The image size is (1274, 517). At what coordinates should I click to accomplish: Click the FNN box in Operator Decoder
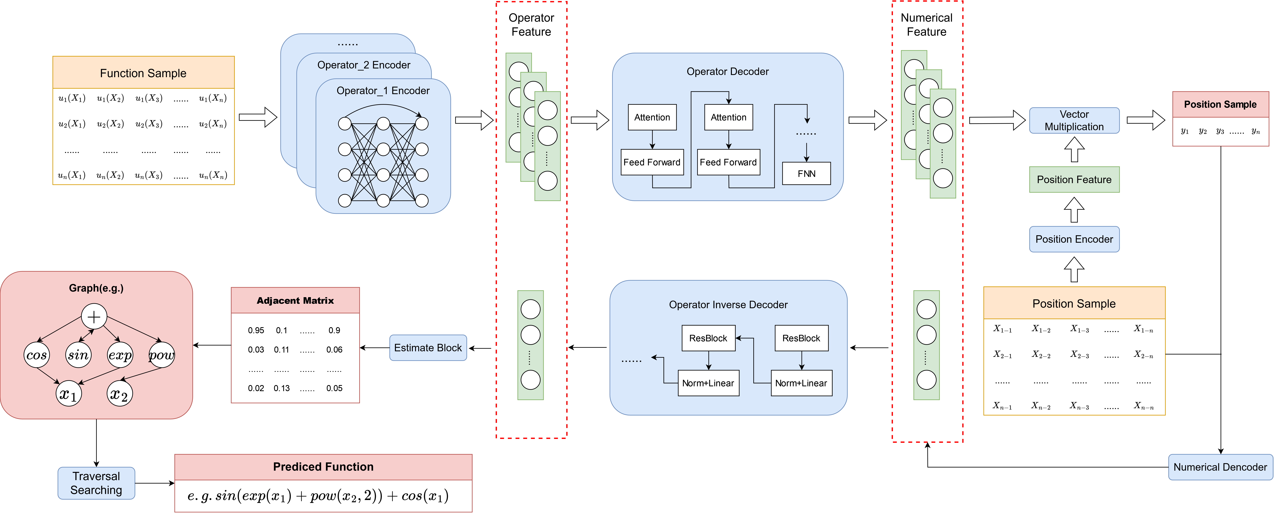pos(806,174)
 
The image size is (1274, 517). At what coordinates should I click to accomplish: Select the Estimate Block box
pos(428,348)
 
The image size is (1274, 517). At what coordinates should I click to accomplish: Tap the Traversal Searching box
pos(96,483)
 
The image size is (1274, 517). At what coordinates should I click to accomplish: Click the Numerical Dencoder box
pos(1220,467)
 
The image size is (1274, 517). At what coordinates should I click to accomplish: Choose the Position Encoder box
pos(1074,239)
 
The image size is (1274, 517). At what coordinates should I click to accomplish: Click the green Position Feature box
pos(1074,180)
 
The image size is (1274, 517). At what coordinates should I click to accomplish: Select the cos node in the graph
pos(37,355)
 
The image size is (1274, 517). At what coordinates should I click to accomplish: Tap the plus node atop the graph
pos(94,317)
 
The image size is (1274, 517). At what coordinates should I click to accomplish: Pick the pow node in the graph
pos(162,355)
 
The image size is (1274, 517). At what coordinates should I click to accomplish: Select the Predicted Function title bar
pos(323,467)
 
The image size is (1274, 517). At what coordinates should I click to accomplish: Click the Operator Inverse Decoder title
pos(728,305)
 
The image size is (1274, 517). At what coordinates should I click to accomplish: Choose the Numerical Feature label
pos(926,25)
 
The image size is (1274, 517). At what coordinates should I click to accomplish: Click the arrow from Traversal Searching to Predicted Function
pos(154,483)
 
